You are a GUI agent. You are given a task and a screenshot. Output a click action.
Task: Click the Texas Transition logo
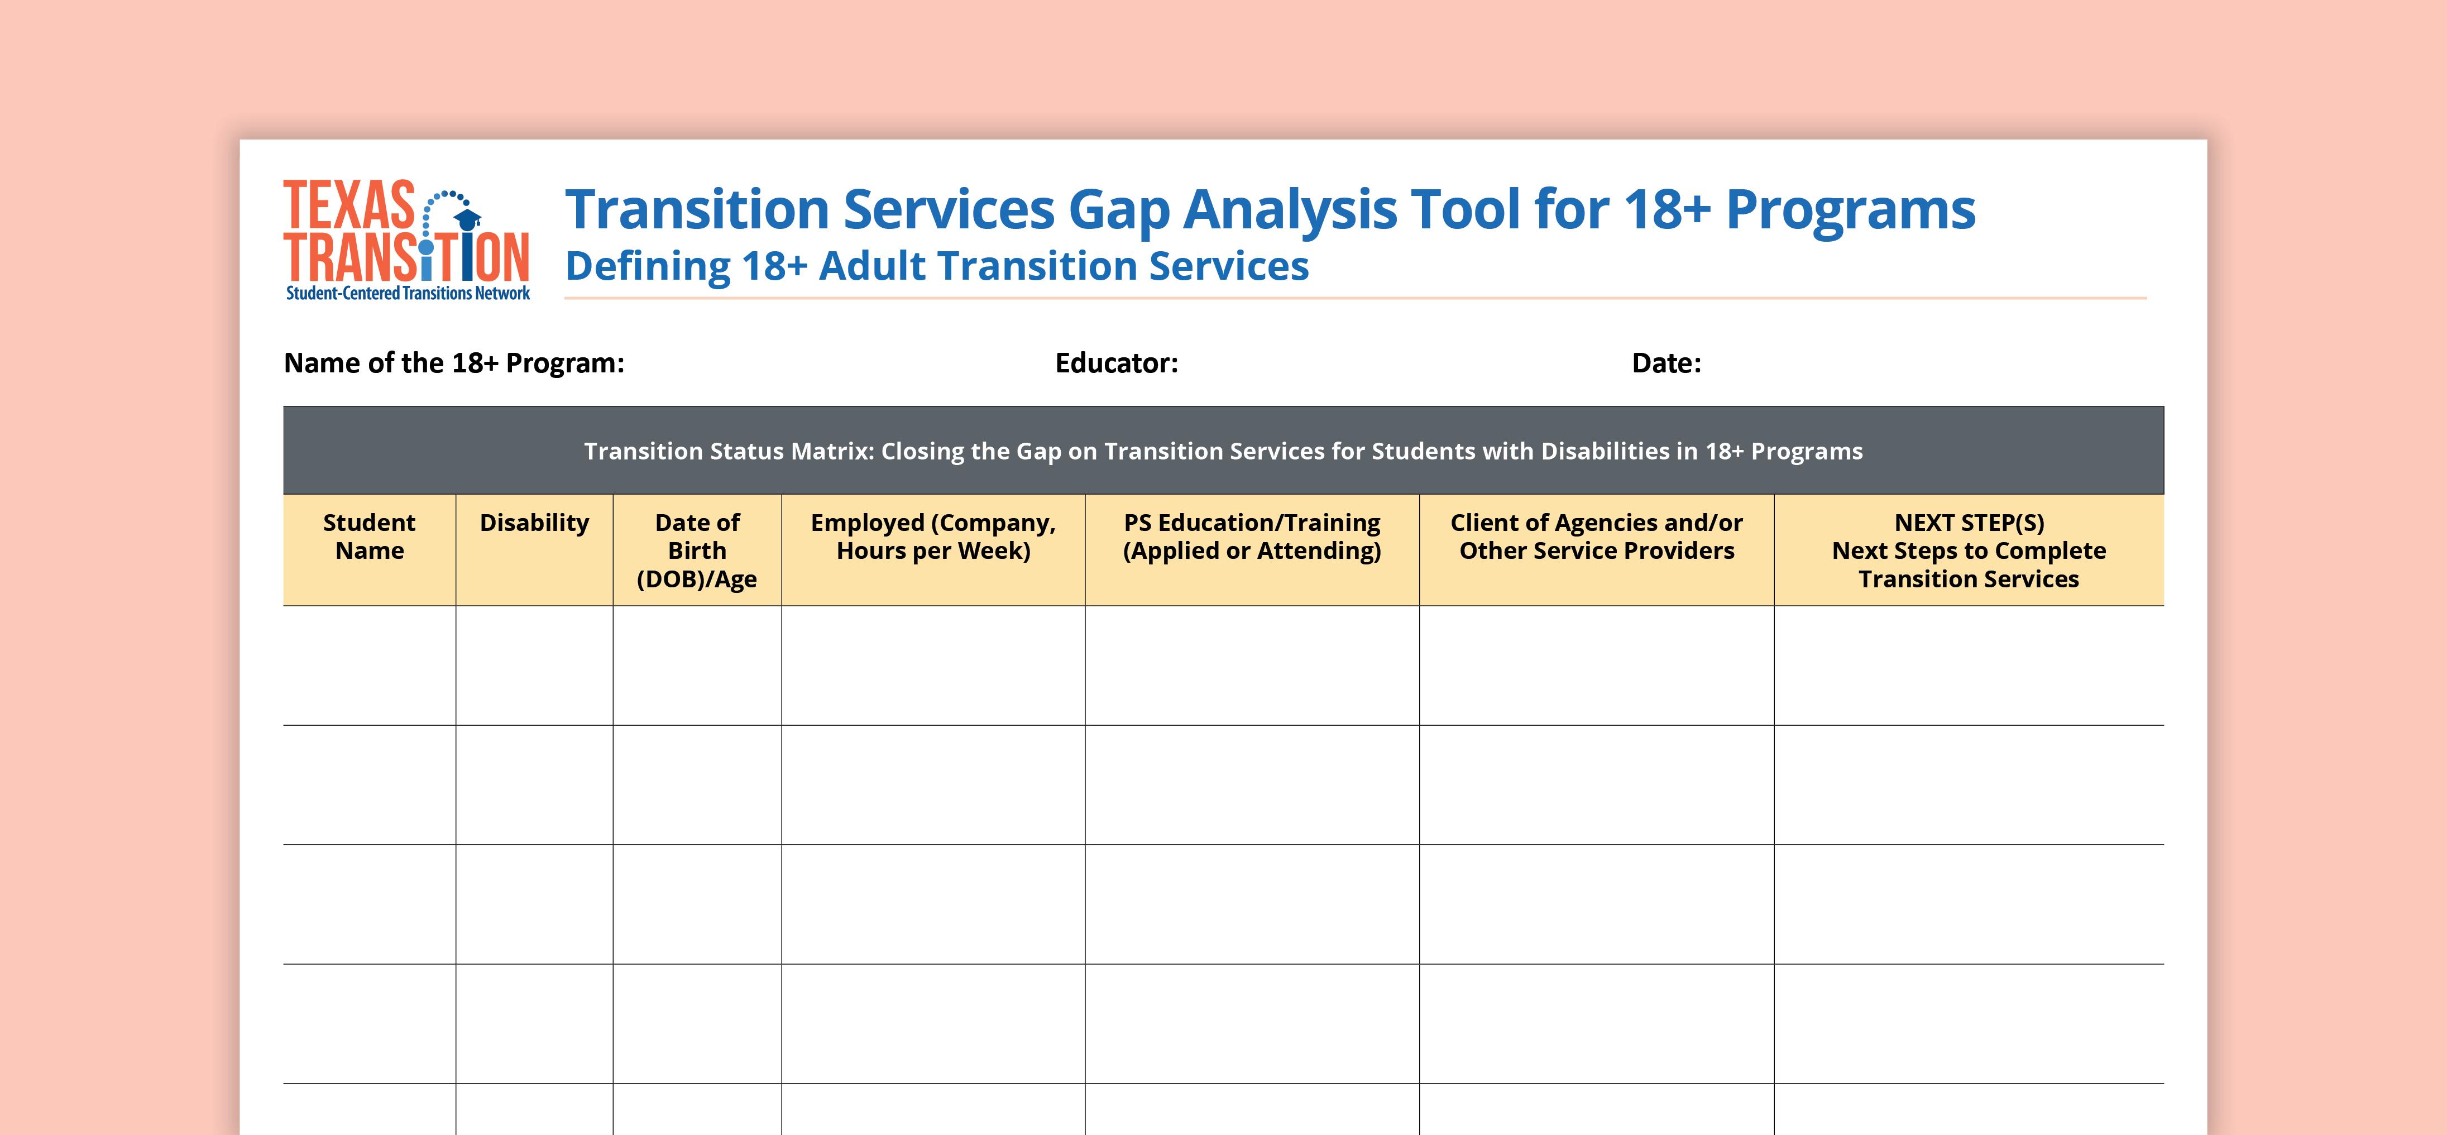[x=406, y=240]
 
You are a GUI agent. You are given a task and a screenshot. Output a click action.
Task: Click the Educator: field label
[x=1116, y=363]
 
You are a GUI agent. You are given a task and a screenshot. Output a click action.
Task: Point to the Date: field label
[x=1666, y=363]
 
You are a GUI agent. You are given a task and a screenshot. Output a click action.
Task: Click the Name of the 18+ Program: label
[x=454, y=363]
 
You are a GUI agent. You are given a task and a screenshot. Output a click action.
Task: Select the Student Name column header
[x=370, y=537]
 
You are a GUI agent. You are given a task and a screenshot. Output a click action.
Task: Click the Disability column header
[x=534, y=523]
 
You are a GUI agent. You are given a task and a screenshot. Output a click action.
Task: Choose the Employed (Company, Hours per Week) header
[x=933, y=537]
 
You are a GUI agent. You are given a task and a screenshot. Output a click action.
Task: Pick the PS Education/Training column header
[x=1252, y=537]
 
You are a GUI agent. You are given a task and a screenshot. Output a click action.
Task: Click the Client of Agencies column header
[x=1596, y=537]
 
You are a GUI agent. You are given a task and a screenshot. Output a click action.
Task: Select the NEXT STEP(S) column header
[x=1968, y=551]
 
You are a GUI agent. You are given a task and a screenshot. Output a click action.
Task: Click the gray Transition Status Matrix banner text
[x=1224, y=451]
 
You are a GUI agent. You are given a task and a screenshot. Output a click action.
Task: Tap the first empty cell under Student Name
[x=370, y=666]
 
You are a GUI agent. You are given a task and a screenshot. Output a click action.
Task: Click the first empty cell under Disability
[x=534, y=666]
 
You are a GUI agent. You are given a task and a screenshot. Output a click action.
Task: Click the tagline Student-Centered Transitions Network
[x=409, y=294]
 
